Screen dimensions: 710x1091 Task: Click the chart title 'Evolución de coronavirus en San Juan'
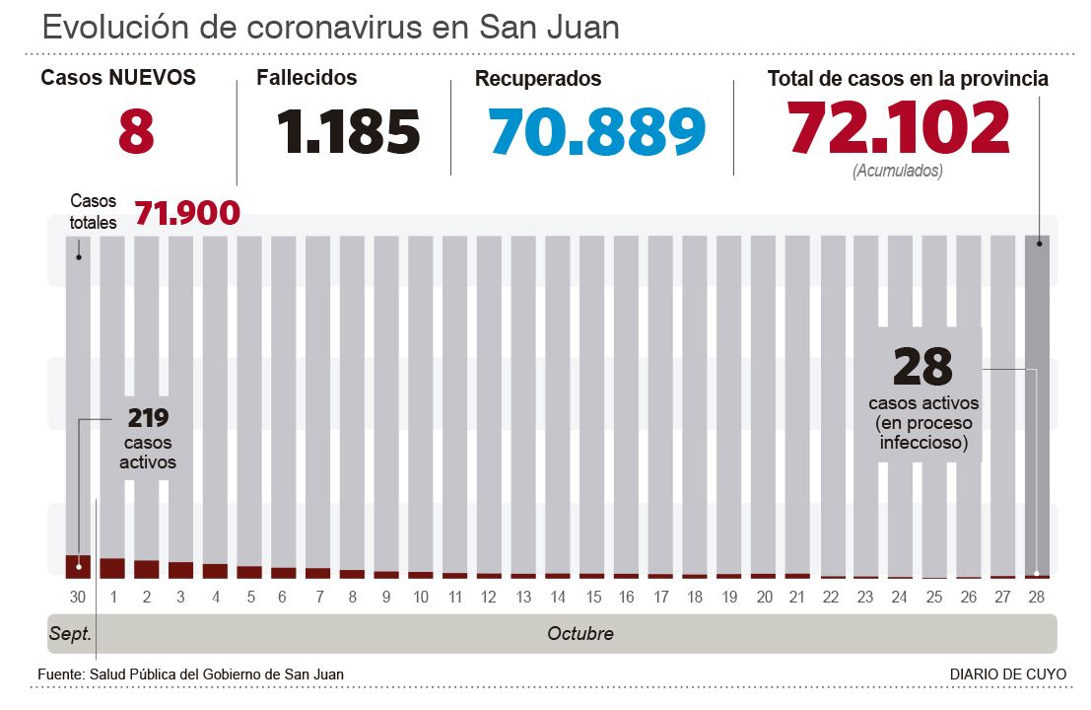click(x=331, y=27)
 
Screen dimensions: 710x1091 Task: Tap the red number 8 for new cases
click(x=136, y=131)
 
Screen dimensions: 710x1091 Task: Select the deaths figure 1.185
click(x=349, y=131)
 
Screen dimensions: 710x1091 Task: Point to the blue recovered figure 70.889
click(x=597, y=131)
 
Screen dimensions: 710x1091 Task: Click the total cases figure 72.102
click(x=899, y=129)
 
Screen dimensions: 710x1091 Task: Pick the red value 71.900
click(x=187, y=212)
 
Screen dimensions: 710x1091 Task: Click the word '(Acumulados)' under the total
click(x=897, y=171)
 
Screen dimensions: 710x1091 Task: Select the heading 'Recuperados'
click(x=538, y=79)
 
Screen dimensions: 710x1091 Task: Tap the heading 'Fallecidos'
click(x=307, y=77)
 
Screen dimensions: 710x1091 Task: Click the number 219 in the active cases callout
click(x=148, y=417)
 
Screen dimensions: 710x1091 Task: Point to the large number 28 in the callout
click(x=922, y=366)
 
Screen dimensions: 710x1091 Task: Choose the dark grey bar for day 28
click(x=1037, y=404)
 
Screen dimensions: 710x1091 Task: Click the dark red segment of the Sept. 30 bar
click(x=78, y=566)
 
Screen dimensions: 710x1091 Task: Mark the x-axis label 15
click(x=592, y=597)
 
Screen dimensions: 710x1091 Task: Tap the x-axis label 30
click(x=78, y=597)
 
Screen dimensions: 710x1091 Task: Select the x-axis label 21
click(x=798, y=597)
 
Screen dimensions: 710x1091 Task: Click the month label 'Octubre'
click(x=580, y=634)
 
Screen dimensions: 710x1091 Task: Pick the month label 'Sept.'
click(x=70, y=634)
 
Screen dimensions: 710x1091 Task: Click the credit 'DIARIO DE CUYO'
click(x=1007, y=674)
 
